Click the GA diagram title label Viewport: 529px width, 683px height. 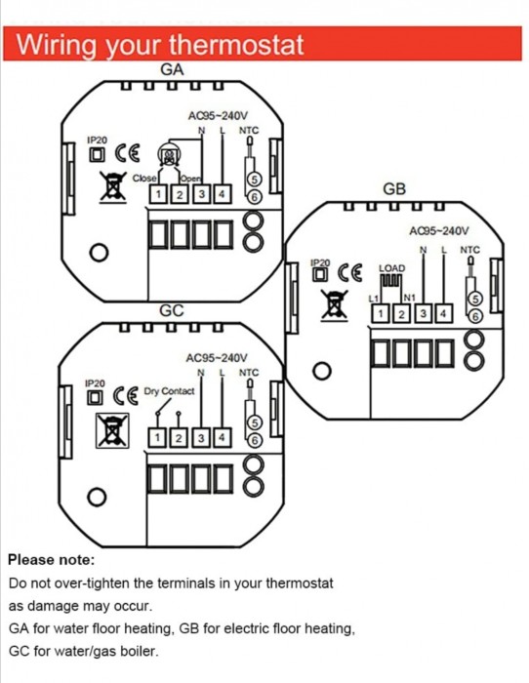(172, 69)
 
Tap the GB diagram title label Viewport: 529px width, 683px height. (394, 189)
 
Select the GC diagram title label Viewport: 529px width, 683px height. (172, 310)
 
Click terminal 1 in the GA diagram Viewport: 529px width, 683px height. (158, 194)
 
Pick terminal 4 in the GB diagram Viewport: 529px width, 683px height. (443, 313)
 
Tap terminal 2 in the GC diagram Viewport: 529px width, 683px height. (179, 438)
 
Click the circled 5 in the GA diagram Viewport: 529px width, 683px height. (254, 179)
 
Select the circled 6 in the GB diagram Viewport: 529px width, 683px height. (475, 316)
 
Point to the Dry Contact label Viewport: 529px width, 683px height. (169, 391)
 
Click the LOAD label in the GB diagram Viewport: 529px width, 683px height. (392, 268)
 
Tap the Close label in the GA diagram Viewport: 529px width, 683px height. (144, 179)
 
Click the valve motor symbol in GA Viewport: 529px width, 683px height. (169, 154)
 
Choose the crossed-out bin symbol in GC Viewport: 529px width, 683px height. (112, 430)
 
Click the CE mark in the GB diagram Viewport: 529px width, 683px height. (350, 273)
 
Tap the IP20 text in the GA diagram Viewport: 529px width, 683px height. (97, 141)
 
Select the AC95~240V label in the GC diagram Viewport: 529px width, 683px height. (217, 358)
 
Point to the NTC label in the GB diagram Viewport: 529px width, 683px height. (469, 250)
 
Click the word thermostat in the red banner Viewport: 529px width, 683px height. (236, 44)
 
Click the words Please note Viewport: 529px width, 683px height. (52, 560)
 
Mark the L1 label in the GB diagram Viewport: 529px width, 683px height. (374, 299)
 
